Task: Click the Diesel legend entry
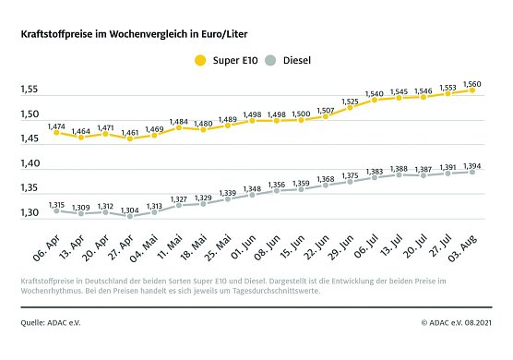click(293, 60)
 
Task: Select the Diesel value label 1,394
click(471, 162)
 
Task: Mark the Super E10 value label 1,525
click(350, 99)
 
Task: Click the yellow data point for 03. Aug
click(471, 90)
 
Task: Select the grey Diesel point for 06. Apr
click(55, 210)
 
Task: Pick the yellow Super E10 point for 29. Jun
click(350, 108)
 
